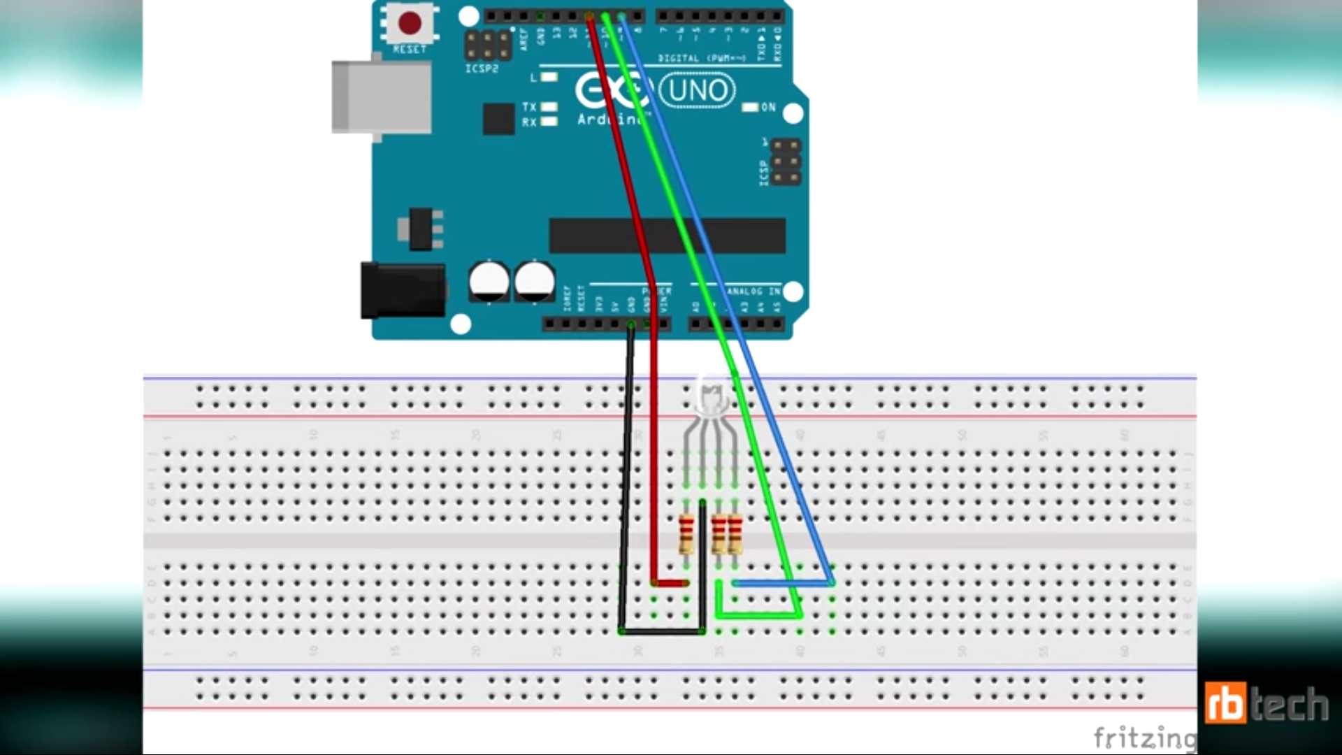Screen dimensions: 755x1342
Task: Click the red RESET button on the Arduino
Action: coord(410,23)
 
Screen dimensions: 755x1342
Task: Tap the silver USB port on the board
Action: coord(382,97)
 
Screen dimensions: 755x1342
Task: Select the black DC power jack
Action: coord(403,290)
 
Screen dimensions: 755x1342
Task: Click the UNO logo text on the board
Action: coord(698,91)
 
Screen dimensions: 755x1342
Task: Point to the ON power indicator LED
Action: coord(750,108)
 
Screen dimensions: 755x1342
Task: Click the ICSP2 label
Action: coord(482,69)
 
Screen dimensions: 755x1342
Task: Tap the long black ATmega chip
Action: coord(668,235)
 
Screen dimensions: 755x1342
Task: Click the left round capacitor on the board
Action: coord(489,281)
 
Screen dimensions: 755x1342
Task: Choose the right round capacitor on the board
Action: coord(535,281)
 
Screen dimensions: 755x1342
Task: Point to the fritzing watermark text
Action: coord(1145,737)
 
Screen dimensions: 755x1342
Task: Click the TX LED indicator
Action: coord(549,107)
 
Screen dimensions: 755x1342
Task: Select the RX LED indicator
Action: coord(549,122)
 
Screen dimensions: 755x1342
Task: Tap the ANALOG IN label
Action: coord(753,291)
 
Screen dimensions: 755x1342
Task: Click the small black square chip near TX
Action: coord(498,119)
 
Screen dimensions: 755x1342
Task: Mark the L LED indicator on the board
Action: coord(549,77)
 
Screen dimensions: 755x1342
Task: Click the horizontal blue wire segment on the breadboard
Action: coord(783,582)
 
